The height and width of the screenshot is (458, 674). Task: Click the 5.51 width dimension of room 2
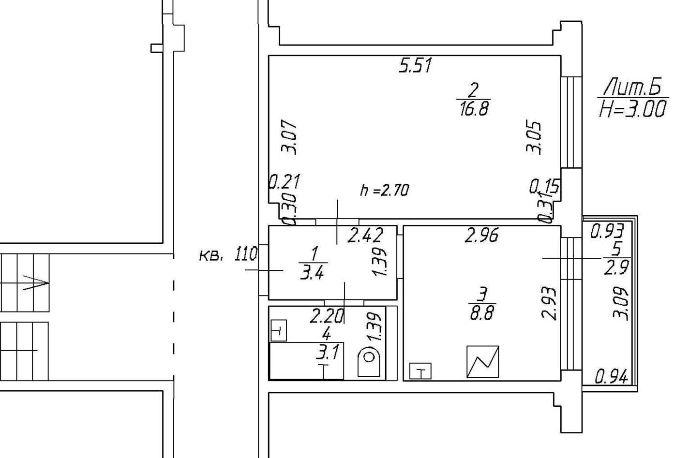coord(415,65)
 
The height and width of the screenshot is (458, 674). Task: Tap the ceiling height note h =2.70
coord(384,190)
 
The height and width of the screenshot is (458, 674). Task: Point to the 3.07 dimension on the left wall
coord(290,138)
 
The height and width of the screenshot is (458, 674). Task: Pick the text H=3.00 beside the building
coord(632,110)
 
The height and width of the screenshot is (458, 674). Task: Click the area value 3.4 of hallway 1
coord(313,274)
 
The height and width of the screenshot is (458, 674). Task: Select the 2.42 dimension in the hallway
coord(366,236)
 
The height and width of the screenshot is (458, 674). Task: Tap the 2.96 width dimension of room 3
coord(481,236)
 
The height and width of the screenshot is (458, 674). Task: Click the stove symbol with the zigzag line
coord(482,362)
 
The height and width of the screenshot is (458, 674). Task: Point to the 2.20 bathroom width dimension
coord(327,317)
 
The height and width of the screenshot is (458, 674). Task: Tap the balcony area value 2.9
coord(616,267)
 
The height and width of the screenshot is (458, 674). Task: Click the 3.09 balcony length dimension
coord(621,304)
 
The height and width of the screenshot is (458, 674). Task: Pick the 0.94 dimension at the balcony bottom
coord(611,376)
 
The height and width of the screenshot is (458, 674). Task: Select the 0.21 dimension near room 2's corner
coord(284,182)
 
